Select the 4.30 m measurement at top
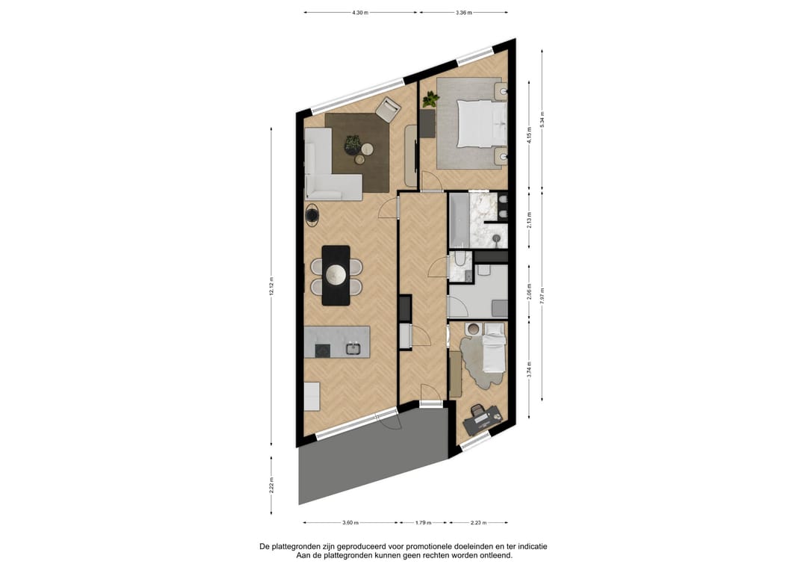pos(362,13)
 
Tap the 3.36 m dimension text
pos(464,13)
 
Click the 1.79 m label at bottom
pos(423,523)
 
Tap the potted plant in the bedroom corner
pos(430,99)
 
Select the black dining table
pos(336,275)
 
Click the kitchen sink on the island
pos(353,348)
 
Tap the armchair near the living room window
pos(388,110)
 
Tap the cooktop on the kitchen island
pos(322,349)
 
